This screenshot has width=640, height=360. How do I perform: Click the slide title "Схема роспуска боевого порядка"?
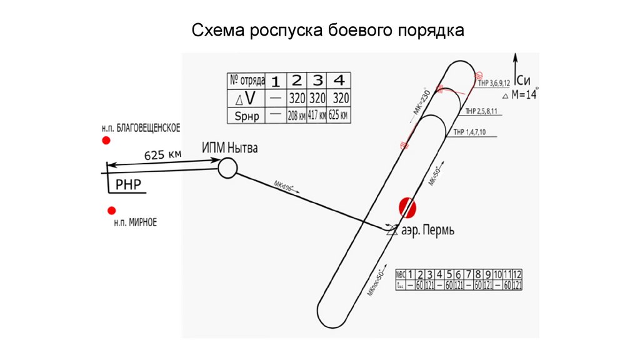(x=327, y=30)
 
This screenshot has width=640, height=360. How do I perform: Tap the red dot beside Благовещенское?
(x=106, y=141)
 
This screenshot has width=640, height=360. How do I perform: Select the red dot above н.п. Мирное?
(x=111, y=211)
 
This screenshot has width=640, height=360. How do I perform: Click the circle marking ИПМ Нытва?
(x=227, y=167)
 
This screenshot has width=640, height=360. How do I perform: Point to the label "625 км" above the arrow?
(x=163, y=154)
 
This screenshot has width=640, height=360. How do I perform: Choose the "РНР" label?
(x=129, y=184)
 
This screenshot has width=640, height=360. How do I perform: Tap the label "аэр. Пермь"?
(x=428, y=230)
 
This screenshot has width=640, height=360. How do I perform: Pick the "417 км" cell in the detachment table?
(x=317, y=116)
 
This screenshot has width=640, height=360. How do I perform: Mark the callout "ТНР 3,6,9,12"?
(x=494, y=82)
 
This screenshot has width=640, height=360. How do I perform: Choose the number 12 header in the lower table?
(x=516, y=274)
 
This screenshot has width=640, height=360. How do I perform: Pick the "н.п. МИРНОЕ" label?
(x=135, y=222)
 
